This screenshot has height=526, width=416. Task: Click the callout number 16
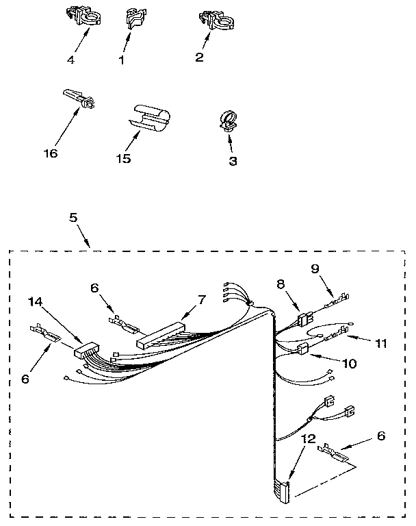pyautogui.click(x=50, y=153)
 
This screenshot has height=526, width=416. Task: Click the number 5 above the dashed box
pyautogui.click(x=73, y=218)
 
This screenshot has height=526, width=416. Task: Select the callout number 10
pyautogui.click(x=349, y=364)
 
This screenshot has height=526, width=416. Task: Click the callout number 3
pyautogui.click(x=233, y=161)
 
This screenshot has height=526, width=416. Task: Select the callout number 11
pyautogui.click(x=381, y=343)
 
